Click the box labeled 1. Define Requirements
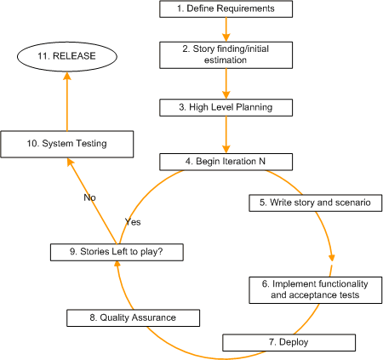(226, 9)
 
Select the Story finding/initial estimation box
(226, 54)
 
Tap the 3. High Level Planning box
(226, 107)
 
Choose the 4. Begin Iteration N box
(226, 161)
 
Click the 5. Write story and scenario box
(315, 203)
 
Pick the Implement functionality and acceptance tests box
(315, 289)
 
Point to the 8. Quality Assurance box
(134, 317)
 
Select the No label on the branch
(89, 197)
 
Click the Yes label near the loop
(133, 221)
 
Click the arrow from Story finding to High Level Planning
(226, 83)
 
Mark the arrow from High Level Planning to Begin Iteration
(226, 134)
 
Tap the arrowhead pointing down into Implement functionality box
(331, 259)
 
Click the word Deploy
(294, 342)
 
